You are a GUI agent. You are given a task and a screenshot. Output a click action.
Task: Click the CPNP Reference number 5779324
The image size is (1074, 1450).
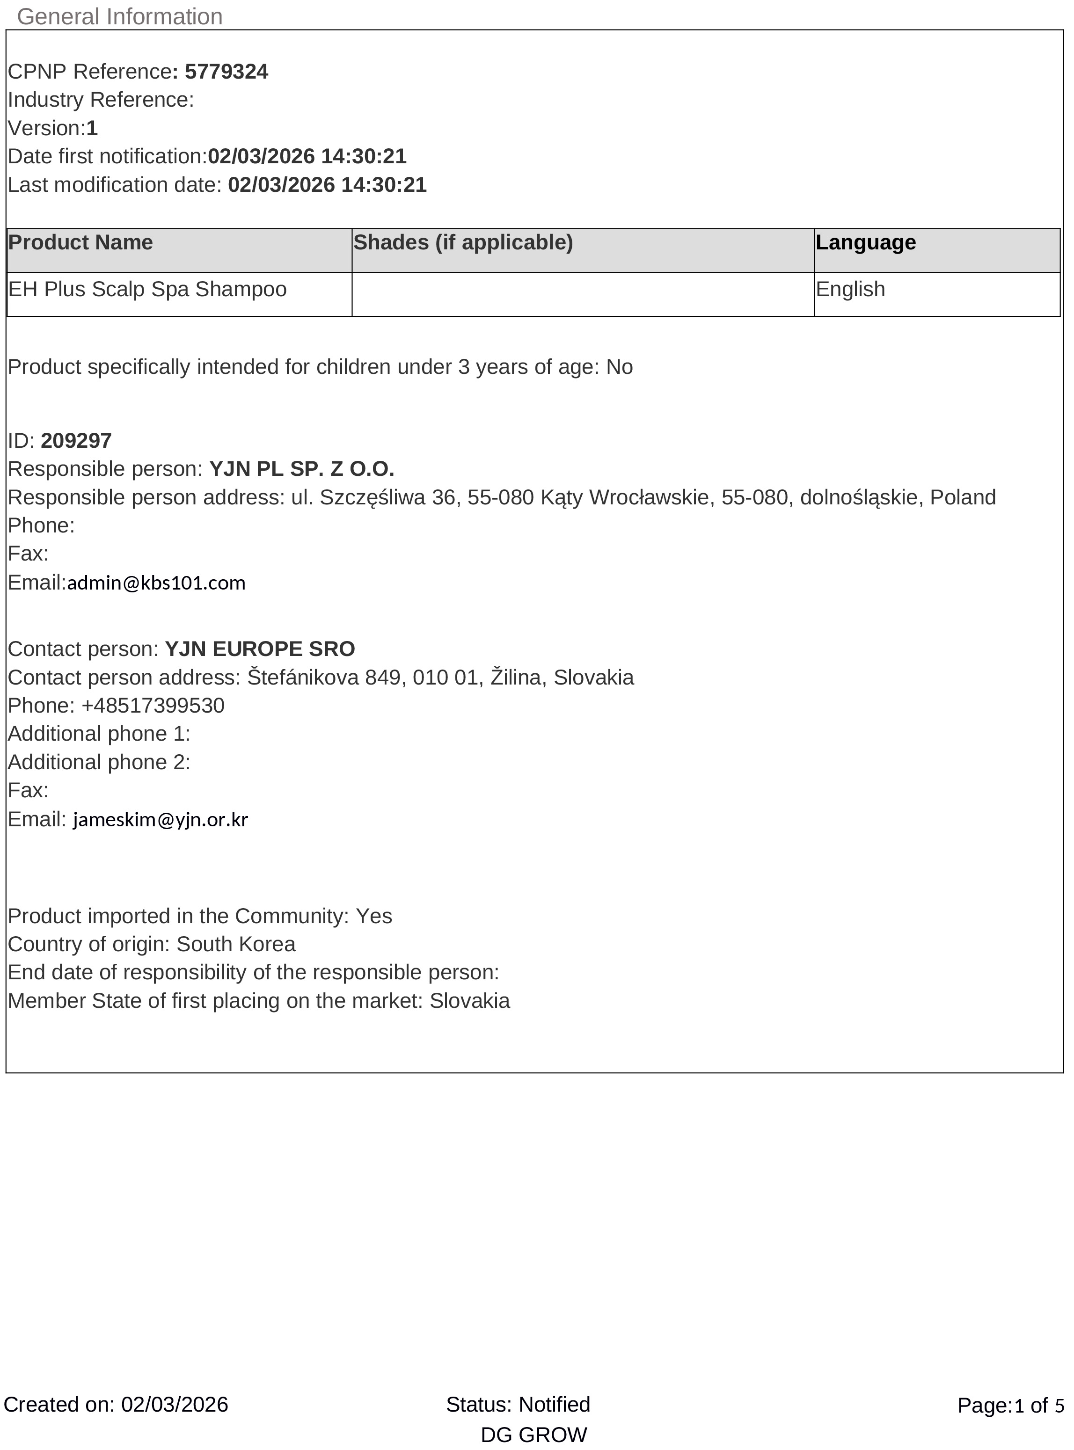[x=226, y=72]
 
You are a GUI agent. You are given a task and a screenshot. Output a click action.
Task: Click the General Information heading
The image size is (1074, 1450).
[x=120, y=16]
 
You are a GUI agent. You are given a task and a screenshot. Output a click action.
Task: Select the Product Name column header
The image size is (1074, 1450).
[x=80, y=242]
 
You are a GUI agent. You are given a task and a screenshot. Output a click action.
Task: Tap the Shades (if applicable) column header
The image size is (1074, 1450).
[x=463, y=242]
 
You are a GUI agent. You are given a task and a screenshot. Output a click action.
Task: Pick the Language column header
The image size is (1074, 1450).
[x=865, y=242]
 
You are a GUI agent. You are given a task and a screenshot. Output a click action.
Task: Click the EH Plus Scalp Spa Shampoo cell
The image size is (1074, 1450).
[x=147, y=289]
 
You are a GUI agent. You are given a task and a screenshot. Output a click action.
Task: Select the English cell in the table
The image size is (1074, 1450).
[x=850, y=289]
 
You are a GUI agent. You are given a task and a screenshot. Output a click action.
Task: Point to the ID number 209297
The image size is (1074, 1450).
[x=76, y=441]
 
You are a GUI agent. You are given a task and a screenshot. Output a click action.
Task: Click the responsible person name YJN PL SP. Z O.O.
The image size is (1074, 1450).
[x=302, y=469]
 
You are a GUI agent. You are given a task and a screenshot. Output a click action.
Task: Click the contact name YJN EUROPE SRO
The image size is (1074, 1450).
[x=260, y=648]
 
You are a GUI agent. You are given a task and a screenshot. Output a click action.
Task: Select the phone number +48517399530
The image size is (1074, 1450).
[x=153, y=705]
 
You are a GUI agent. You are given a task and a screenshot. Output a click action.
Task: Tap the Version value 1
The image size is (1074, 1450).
[x=92, y=128]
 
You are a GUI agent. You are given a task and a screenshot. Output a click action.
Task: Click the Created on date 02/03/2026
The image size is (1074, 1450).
[x=175, y=1405]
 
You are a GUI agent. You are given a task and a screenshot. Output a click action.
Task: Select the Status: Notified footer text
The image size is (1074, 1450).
[x=518, y=1405]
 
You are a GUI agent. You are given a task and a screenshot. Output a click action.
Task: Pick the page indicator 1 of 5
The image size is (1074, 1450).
[x=1039, y=1406]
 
